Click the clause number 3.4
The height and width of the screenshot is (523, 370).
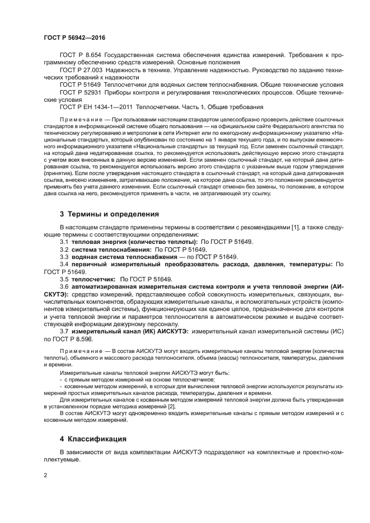[x=64, y=263]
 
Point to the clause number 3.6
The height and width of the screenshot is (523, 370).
[x=64, y=286]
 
